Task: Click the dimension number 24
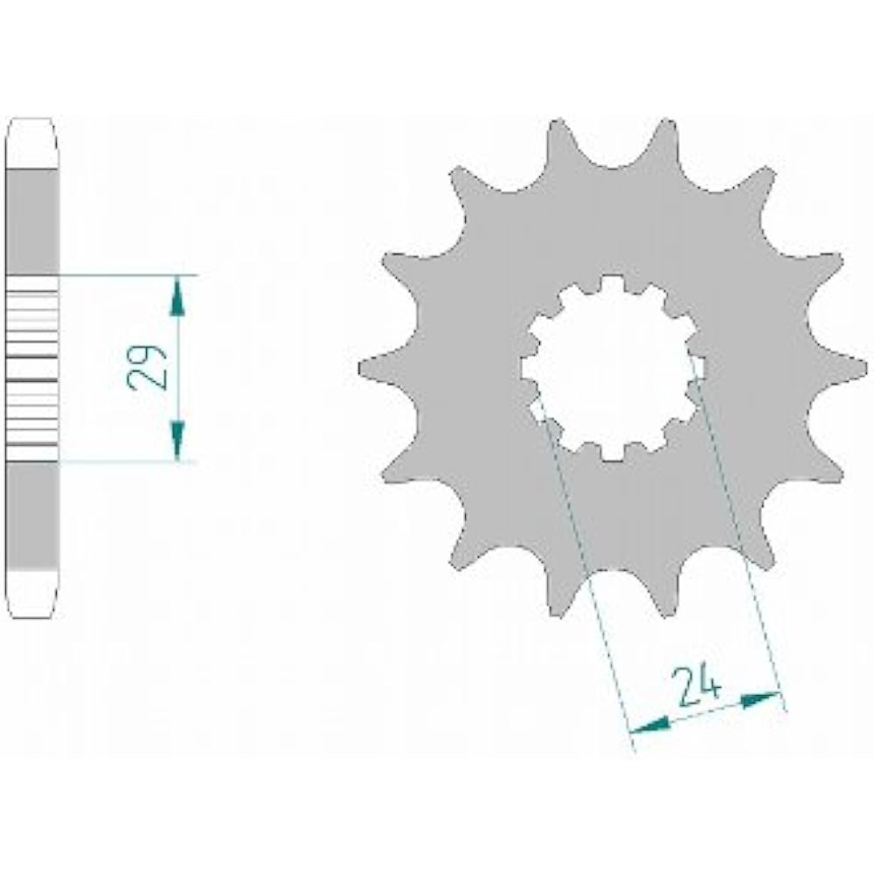coord(697,686)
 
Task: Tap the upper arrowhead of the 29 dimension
coord(178,295)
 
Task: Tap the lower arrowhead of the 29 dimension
coord(178,440)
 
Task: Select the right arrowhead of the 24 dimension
coord(760,698)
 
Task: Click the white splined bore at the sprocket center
coord(612,367)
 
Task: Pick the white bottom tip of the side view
coord(33,593)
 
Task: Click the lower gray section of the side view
coord(33,516)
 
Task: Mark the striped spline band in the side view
coord(33,367)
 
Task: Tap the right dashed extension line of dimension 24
coord(743,542)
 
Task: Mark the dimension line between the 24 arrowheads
coord(704,711)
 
